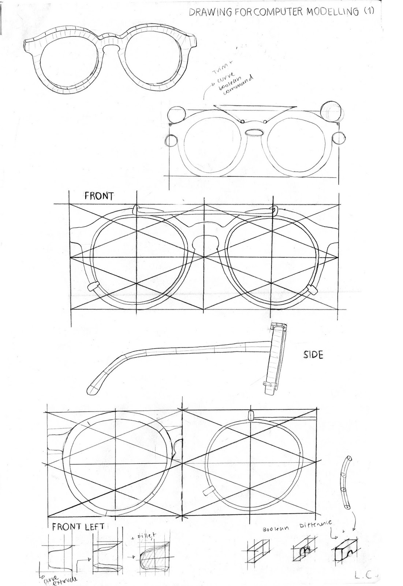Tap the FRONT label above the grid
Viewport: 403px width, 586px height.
click(99, 196)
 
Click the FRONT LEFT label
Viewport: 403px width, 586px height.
click(78, 527)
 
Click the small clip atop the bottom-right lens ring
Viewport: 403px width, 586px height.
click(251, 415)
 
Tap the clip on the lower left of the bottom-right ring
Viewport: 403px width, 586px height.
click(209, 491)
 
